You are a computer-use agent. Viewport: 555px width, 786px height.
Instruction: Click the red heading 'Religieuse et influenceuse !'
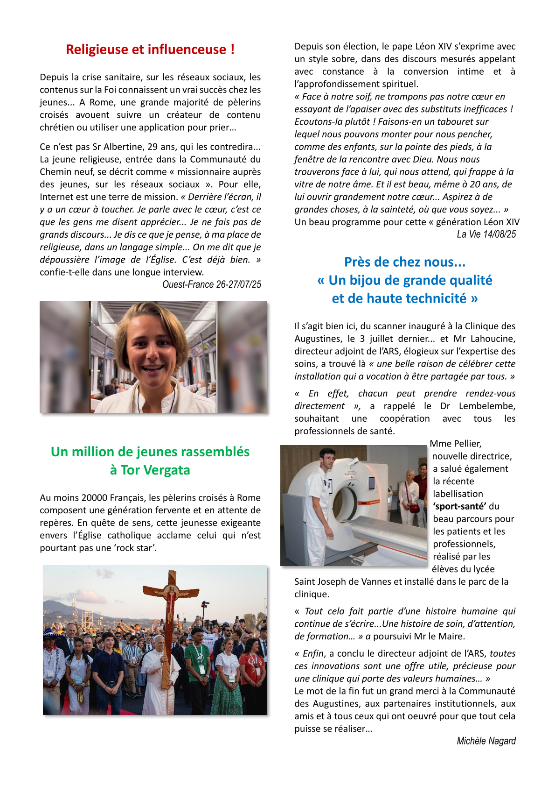point(150,50)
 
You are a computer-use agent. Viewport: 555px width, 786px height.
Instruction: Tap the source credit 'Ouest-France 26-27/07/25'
point(211,284)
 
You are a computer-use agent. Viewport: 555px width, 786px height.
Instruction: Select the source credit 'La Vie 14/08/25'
point(486,234)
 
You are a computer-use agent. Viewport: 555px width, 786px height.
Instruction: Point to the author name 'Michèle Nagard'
point(486,741)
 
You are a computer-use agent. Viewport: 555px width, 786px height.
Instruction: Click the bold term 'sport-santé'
point(459,506)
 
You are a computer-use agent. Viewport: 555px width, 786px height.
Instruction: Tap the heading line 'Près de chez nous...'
point(405,262)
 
